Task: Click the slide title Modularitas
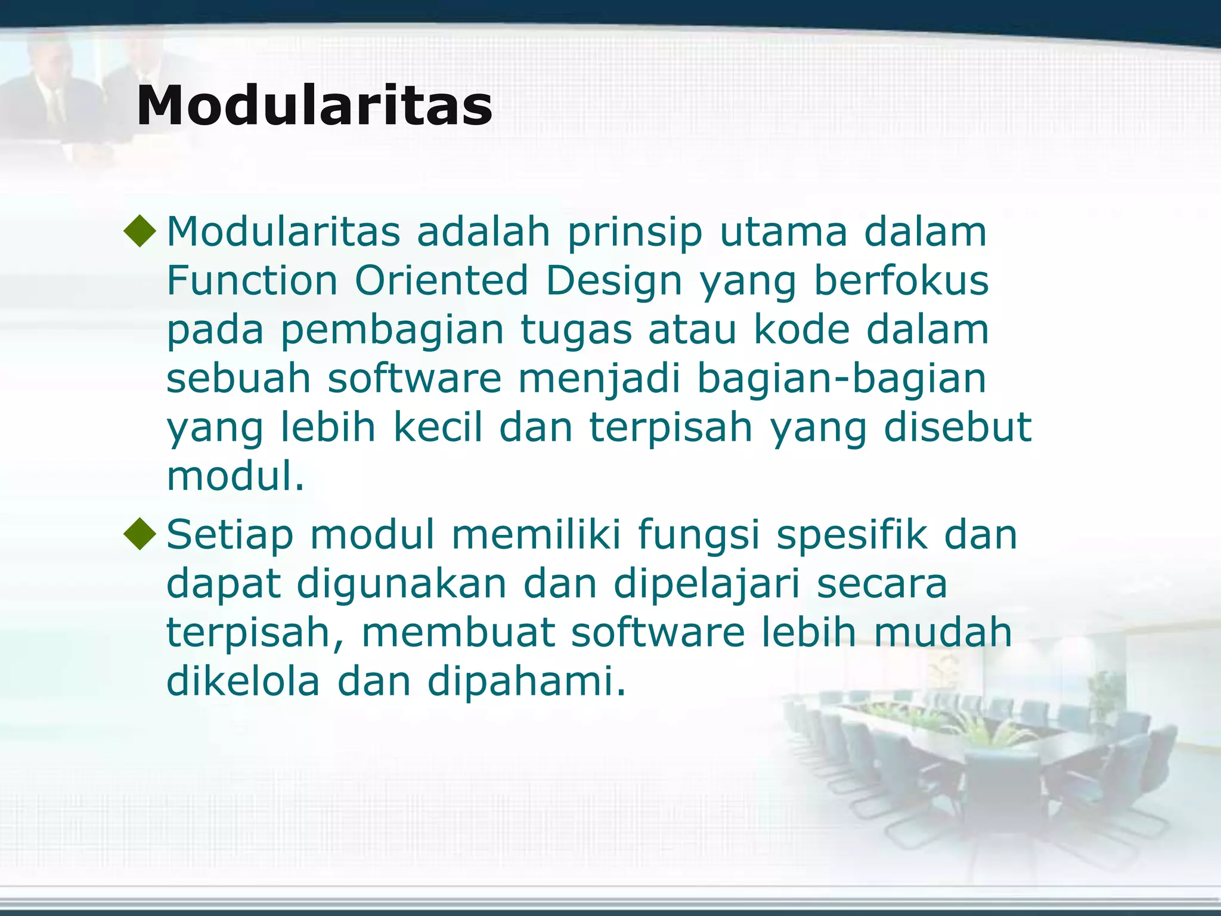point(314,106)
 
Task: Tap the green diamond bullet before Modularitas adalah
point(140,232)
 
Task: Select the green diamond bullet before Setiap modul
point(140,534)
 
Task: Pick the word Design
point(613,281)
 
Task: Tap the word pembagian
point(392,330)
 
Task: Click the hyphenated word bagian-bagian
point(841,379)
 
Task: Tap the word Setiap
point(230,536)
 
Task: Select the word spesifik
point(852,536)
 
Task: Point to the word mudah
point(943,632)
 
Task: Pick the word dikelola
point(243,681)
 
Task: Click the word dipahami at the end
point(526,682)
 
